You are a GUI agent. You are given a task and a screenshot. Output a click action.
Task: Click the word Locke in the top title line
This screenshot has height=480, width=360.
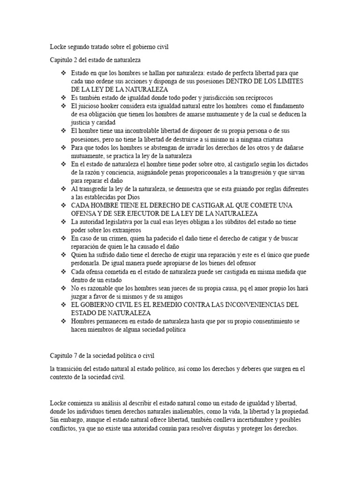[x=58, y=46]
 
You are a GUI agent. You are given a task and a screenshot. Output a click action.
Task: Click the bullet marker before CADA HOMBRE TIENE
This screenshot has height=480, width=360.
[x=64, y=205]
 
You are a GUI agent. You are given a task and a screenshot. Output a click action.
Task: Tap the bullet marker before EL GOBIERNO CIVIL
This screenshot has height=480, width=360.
[x=64, y=305]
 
